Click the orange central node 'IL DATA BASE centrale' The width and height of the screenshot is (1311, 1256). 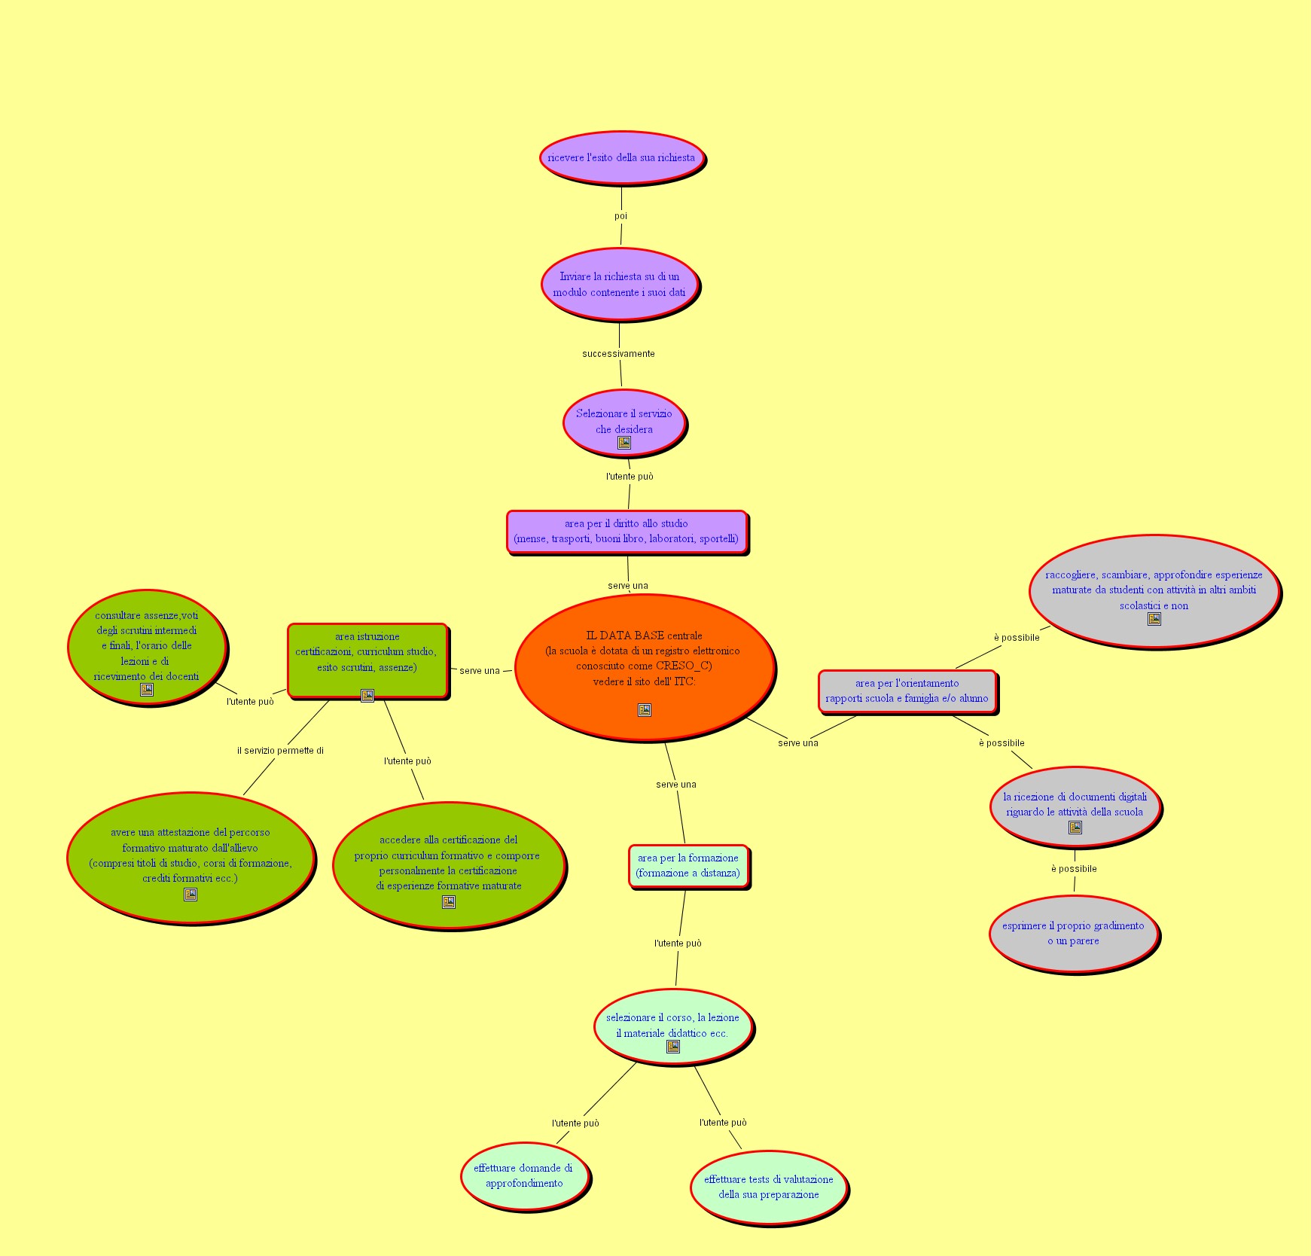tap(645, 659)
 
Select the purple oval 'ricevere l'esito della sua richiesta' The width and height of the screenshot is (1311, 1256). tap(621, 157)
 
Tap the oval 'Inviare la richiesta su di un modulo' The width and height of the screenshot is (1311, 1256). tap(619, 285)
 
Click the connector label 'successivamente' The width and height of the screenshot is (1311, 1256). tap(618, 354)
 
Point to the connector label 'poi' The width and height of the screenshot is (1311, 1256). tap(620, 216)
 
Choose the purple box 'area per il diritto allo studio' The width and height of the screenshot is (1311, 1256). tap(627, 532)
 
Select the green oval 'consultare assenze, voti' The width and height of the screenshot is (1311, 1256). tap(147, 647)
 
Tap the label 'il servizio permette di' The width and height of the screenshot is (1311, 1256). tap(280, 751)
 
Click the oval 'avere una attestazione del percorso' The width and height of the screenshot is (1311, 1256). tap(191, 856)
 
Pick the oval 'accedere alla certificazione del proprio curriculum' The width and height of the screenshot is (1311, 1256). tap(448, 864)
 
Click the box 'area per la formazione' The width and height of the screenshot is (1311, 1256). tap(688, 866)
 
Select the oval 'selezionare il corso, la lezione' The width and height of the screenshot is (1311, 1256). tap(672, 1025)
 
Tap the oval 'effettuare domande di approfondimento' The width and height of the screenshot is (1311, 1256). tap(524, 1176)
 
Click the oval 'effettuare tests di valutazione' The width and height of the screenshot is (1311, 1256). tap(768, 1187)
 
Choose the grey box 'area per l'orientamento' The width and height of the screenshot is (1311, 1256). tap(907, 691)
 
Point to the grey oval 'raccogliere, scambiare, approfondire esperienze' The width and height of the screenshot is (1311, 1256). tap(1154, 591)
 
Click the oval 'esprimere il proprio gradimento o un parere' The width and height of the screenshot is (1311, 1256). tap(1073, 934)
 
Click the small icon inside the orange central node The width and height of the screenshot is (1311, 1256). tap(645, 710)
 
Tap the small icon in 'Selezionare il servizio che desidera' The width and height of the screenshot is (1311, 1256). tap(624, 443)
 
